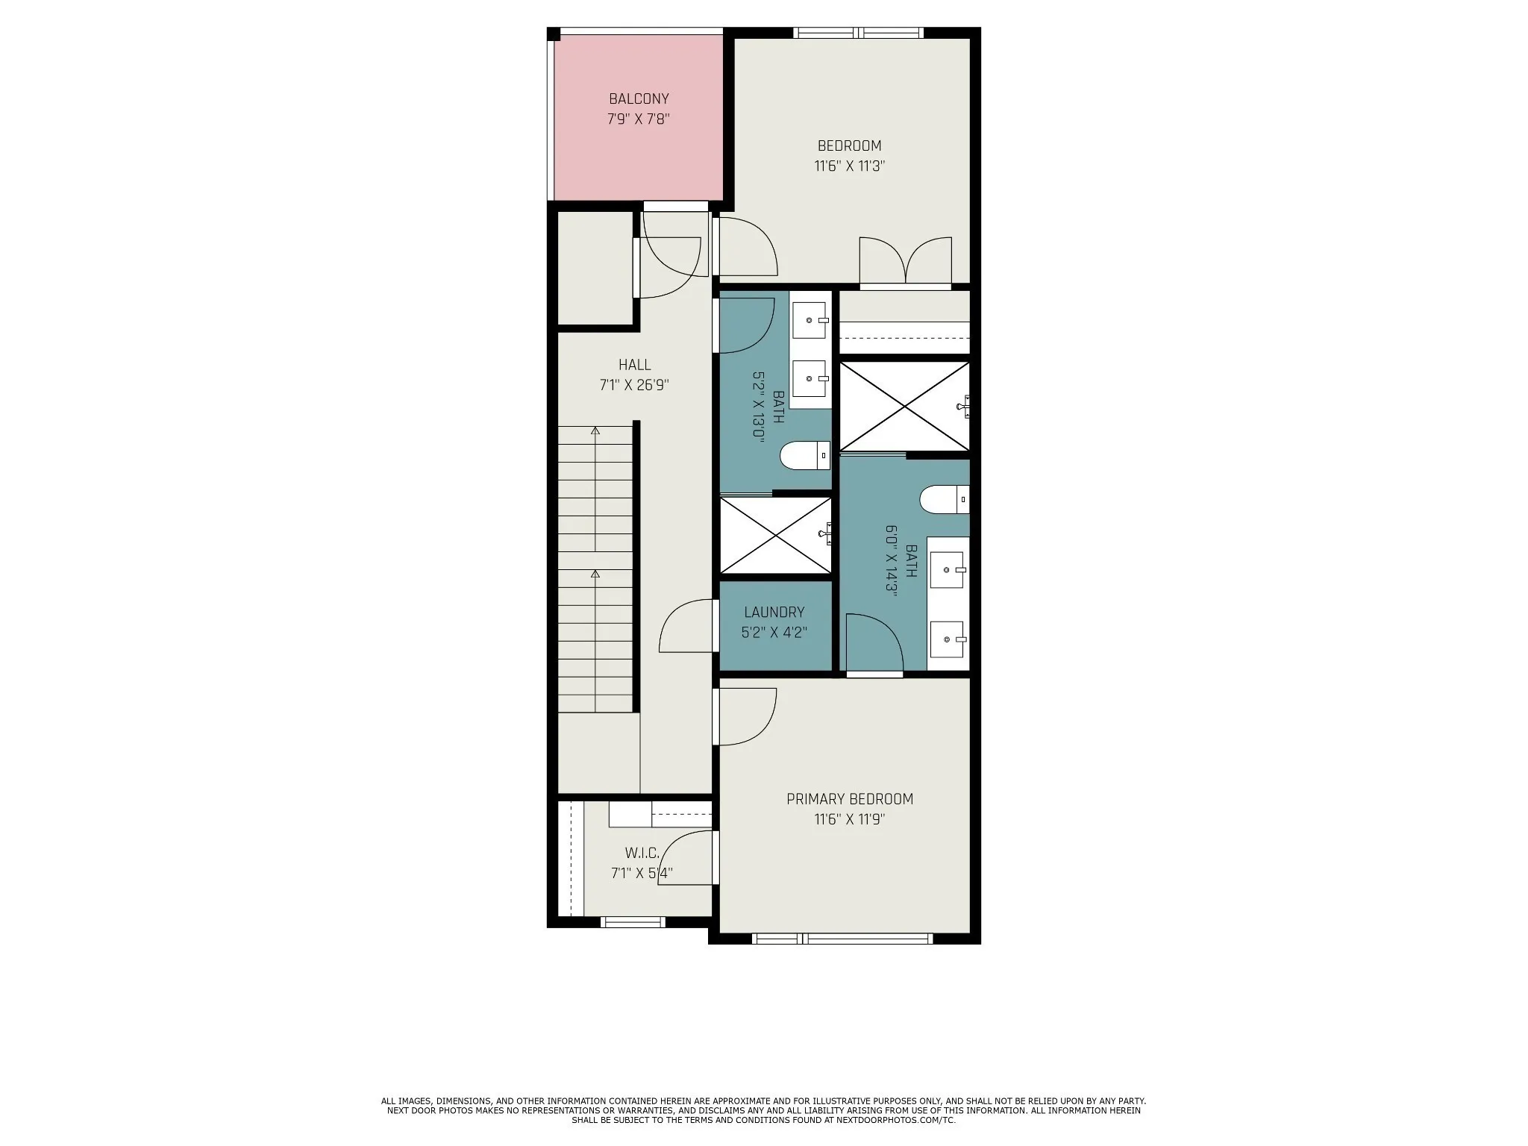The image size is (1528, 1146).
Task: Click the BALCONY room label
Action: pos(639,98)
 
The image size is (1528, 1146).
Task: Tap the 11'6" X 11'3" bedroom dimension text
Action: pos(849,166)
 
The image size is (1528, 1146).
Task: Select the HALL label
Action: pos(634,365)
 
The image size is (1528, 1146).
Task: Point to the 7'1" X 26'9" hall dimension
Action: pos(634,385)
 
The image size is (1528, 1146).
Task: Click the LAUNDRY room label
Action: pos(774,613)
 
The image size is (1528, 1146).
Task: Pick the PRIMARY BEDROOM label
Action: pos(850,799)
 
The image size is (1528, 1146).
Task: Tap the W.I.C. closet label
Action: pos(642,853)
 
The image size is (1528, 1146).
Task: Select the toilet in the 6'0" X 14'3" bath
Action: pos(945,499)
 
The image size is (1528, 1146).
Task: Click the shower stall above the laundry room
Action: pos(775,536)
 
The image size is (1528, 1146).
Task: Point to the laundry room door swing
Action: pos(686,625)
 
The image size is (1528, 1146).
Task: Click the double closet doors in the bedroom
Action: pos(906,261)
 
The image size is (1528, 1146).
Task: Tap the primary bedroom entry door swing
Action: pos(747,716)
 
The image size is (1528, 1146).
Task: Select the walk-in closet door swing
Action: pos(686,858)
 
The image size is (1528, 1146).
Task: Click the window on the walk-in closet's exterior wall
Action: pos(633,922)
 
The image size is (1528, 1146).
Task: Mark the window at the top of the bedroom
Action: pos(859,33)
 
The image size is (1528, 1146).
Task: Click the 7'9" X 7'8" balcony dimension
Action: pos(639,119)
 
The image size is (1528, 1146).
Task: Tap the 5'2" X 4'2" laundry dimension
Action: pos(774,633)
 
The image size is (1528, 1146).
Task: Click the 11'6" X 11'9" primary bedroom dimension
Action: pos(850,819)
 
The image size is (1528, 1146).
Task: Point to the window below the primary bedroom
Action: pos(842,939)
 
